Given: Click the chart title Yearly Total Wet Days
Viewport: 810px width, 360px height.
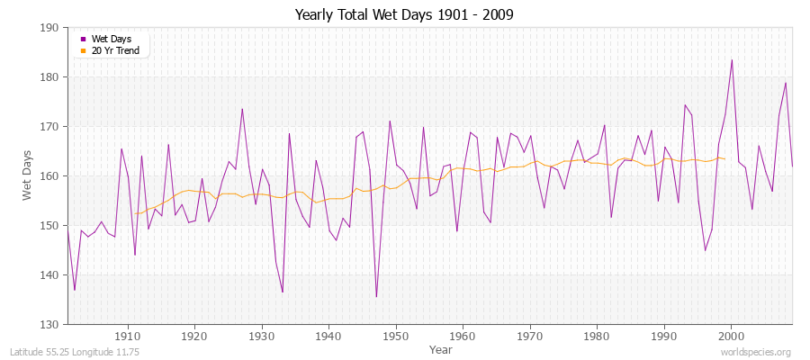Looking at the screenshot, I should click(x=405, y=15).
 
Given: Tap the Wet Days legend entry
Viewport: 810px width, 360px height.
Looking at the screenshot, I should click(x=111, y=39).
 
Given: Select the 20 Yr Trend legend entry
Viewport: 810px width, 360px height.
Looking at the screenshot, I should click(x=115, y=50).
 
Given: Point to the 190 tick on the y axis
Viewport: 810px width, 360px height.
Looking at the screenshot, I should click(x=51, y=28).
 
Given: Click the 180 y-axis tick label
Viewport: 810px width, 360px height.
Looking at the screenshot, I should click(x=51, y=77).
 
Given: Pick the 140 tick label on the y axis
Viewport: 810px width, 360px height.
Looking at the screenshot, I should click(x=51, y=274).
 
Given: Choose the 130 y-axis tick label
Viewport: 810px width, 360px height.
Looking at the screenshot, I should click(x=51, y=324).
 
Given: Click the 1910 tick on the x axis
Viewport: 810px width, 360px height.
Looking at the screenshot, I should click(x=128, y=336).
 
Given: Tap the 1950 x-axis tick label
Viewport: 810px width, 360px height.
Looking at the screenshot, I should click(x=396, y=336).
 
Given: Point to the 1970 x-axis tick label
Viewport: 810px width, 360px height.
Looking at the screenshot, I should click(x=530, y=336).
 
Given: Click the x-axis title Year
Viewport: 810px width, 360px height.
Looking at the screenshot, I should click(x=441, y=349).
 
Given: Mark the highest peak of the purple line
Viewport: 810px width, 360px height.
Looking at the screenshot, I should click(x=732, y=60).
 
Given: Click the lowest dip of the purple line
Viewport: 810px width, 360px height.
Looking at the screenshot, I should click(x=376, y=296).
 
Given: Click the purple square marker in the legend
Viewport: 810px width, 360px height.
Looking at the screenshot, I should click(x=84, y=39).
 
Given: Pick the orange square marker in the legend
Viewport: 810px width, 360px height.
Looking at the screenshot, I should click(x=84, y=50).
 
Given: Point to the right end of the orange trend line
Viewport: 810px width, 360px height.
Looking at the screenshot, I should click(x=724, y=159).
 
